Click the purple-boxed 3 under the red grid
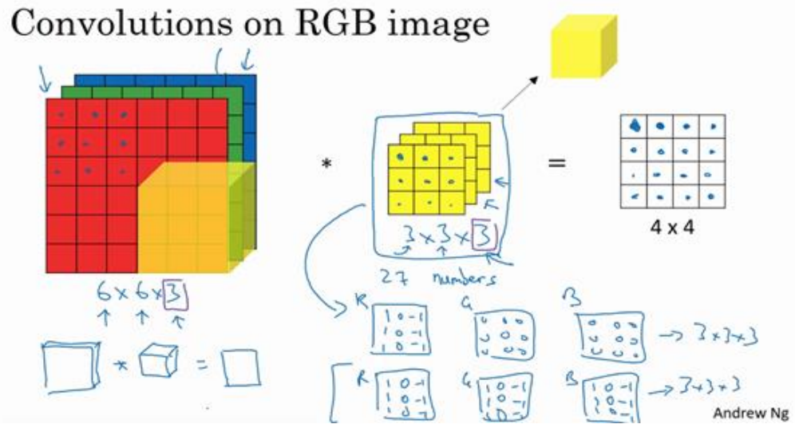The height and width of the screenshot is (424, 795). (x=180, y=299)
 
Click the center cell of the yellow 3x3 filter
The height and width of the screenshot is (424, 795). (x=425, y=180)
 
